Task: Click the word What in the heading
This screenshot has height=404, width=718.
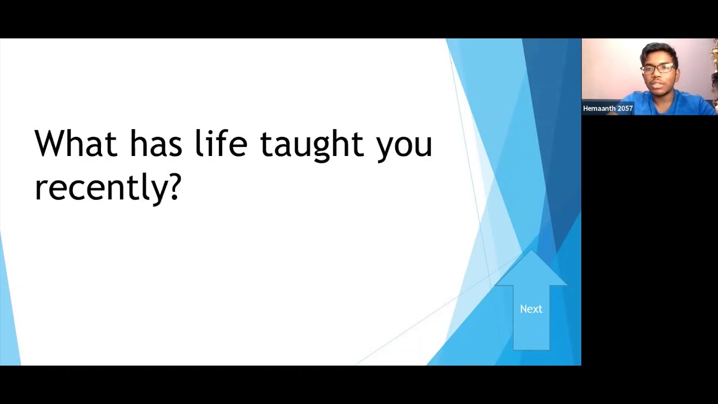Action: (x=75, y=144)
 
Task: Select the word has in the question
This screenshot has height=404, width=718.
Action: (x=156, y=144)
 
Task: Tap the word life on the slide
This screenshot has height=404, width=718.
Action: (x=220, y=144)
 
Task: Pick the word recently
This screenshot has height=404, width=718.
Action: (x=101, y=187)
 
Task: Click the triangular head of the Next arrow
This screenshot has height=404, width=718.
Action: (x=531, y=270)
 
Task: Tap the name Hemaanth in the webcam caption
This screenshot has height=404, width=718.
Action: (x=600, y=109)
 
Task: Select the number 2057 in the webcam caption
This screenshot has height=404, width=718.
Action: (x=625, y=109)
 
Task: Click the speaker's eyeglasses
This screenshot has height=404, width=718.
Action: (x=657, y=69)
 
